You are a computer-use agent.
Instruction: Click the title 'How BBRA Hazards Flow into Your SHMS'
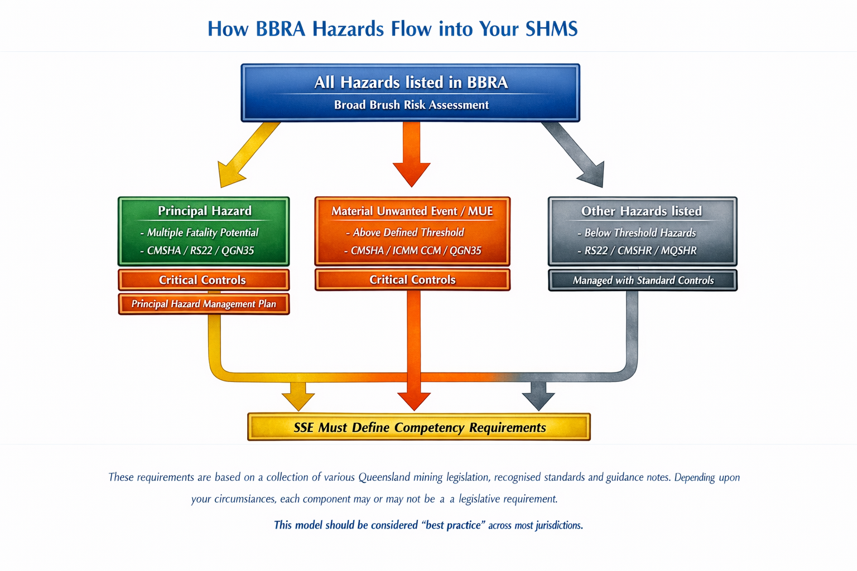click(392, 28)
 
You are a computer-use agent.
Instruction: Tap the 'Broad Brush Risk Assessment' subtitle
click(411, 105)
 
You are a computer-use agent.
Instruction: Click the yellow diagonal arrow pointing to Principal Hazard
click(245, 156)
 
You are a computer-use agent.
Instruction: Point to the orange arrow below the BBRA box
click(412, 153)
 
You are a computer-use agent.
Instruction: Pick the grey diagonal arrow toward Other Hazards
click(575, 154)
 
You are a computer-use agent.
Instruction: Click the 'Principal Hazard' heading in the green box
click(204, 211)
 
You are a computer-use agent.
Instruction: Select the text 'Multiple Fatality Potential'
click(202, 233)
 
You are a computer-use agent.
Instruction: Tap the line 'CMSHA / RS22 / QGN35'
click(200, 250)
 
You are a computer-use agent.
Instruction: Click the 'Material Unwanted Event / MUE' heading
click(412, 211)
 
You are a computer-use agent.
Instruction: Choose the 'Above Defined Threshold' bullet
click(407, 233)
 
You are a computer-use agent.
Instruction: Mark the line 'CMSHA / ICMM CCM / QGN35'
click(415, 250)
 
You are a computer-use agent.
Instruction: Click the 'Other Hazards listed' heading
click(642, 211)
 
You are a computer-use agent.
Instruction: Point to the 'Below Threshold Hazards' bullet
click(639, 233)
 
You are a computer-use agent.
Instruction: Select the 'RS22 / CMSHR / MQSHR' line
click(640, 250)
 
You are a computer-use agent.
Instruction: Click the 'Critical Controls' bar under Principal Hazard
click(203, 280)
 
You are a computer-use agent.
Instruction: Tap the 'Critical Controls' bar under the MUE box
click(412, 280)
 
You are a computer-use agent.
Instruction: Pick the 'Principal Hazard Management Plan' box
click(204, 304)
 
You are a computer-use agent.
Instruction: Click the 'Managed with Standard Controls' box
click(643, 280)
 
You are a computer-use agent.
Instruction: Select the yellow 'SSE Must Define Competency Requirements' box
click(419, 427)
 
